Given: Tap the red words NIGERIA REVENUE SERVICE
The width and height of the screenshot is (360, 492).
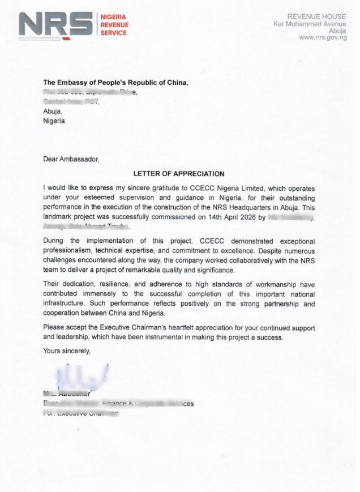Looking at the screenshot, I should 114,25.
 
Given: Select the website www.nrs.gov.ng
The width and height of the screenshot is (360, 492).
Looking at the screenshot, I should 322,38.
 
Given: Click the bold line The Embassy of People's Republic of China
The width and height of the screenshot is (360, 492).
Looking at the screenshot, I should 115,83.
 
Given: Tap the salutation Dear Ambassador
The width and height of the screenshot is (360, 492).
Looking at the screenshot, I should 71,160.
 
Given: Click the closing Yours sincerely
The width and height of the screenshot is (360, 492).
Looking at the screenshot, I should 66,351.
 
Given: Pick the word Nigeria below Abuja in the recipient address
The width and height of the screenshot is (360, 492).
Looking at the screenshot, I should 54,121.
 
